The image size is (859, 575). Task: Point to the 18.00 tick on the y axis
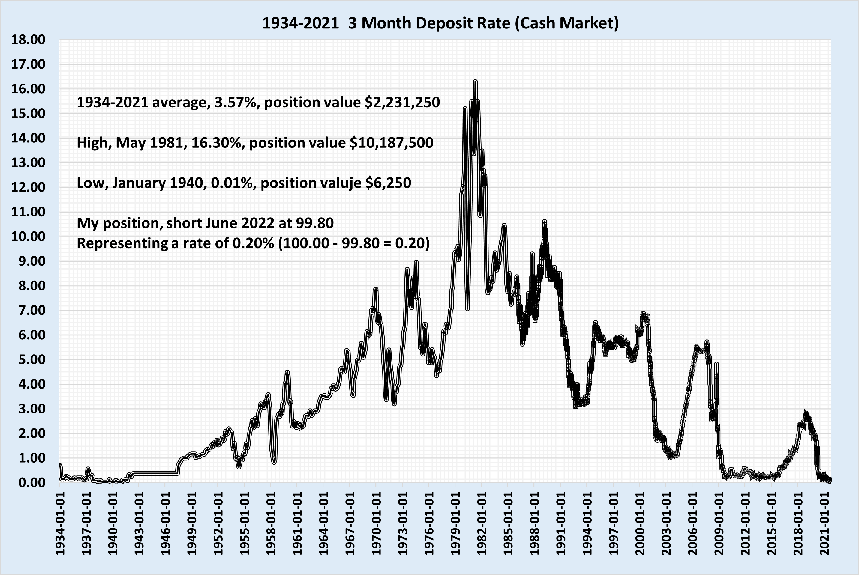[28, 40]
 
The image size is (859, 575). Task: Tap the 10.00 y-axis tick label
[28, 237]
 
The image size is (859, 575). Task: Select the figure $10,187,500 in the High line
[391, 143]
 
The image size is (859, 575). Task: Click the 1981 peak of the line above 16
[475, 82]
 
